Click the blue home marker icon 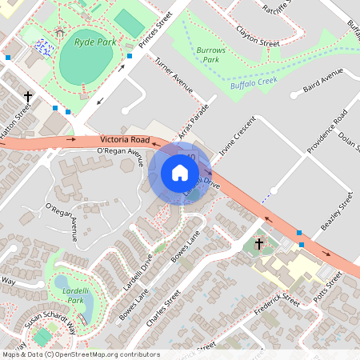click(180, 172)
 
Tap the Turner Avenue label click(174, 76)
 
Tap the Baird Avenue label click(323, 82)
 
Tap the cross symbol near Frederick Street click(258, 242)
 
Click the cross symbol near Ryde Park click(28, 96)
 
